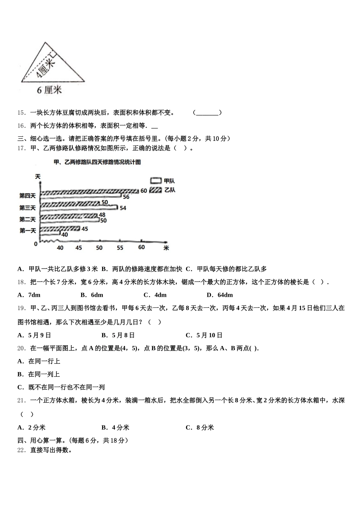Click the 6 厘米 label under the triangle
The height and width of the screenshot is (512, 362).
click(x=49, y=90)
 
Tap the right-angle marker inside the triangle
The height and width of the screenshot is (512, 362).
click(x=53, y=55)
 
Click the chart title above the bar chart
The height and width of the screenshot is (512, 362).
click(x=98, y=162)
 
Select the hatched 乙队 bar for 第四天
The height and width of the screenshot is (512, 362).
click(x=89, y=191)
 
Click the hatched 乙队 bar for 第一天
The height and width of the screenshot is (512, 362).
click(x=60, y=229)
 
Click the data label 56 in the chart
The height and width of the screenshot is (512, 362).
click(x=126, y=197)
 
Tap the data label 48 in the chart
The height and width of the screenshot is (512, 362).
click(x=102, y=215)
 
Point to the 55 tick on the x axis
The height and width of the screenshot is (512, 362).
click(x=120, y=248)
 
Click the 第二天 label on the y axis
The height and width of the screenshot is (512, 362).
click(x=28, y=219)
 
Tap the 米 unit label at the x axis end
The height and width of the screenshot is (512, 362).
click(x=166, y=248)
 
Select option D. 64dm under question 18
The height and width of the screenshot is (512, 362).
click(x=219, y=295)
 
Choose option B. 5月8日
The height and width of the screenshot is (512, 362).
click(x=118, y=335)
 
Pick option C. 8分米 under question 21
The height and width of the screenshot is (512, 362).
click(x=200, y=427)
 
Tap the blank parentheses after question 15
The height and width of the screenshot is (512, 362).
click(x=207, y=112)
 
